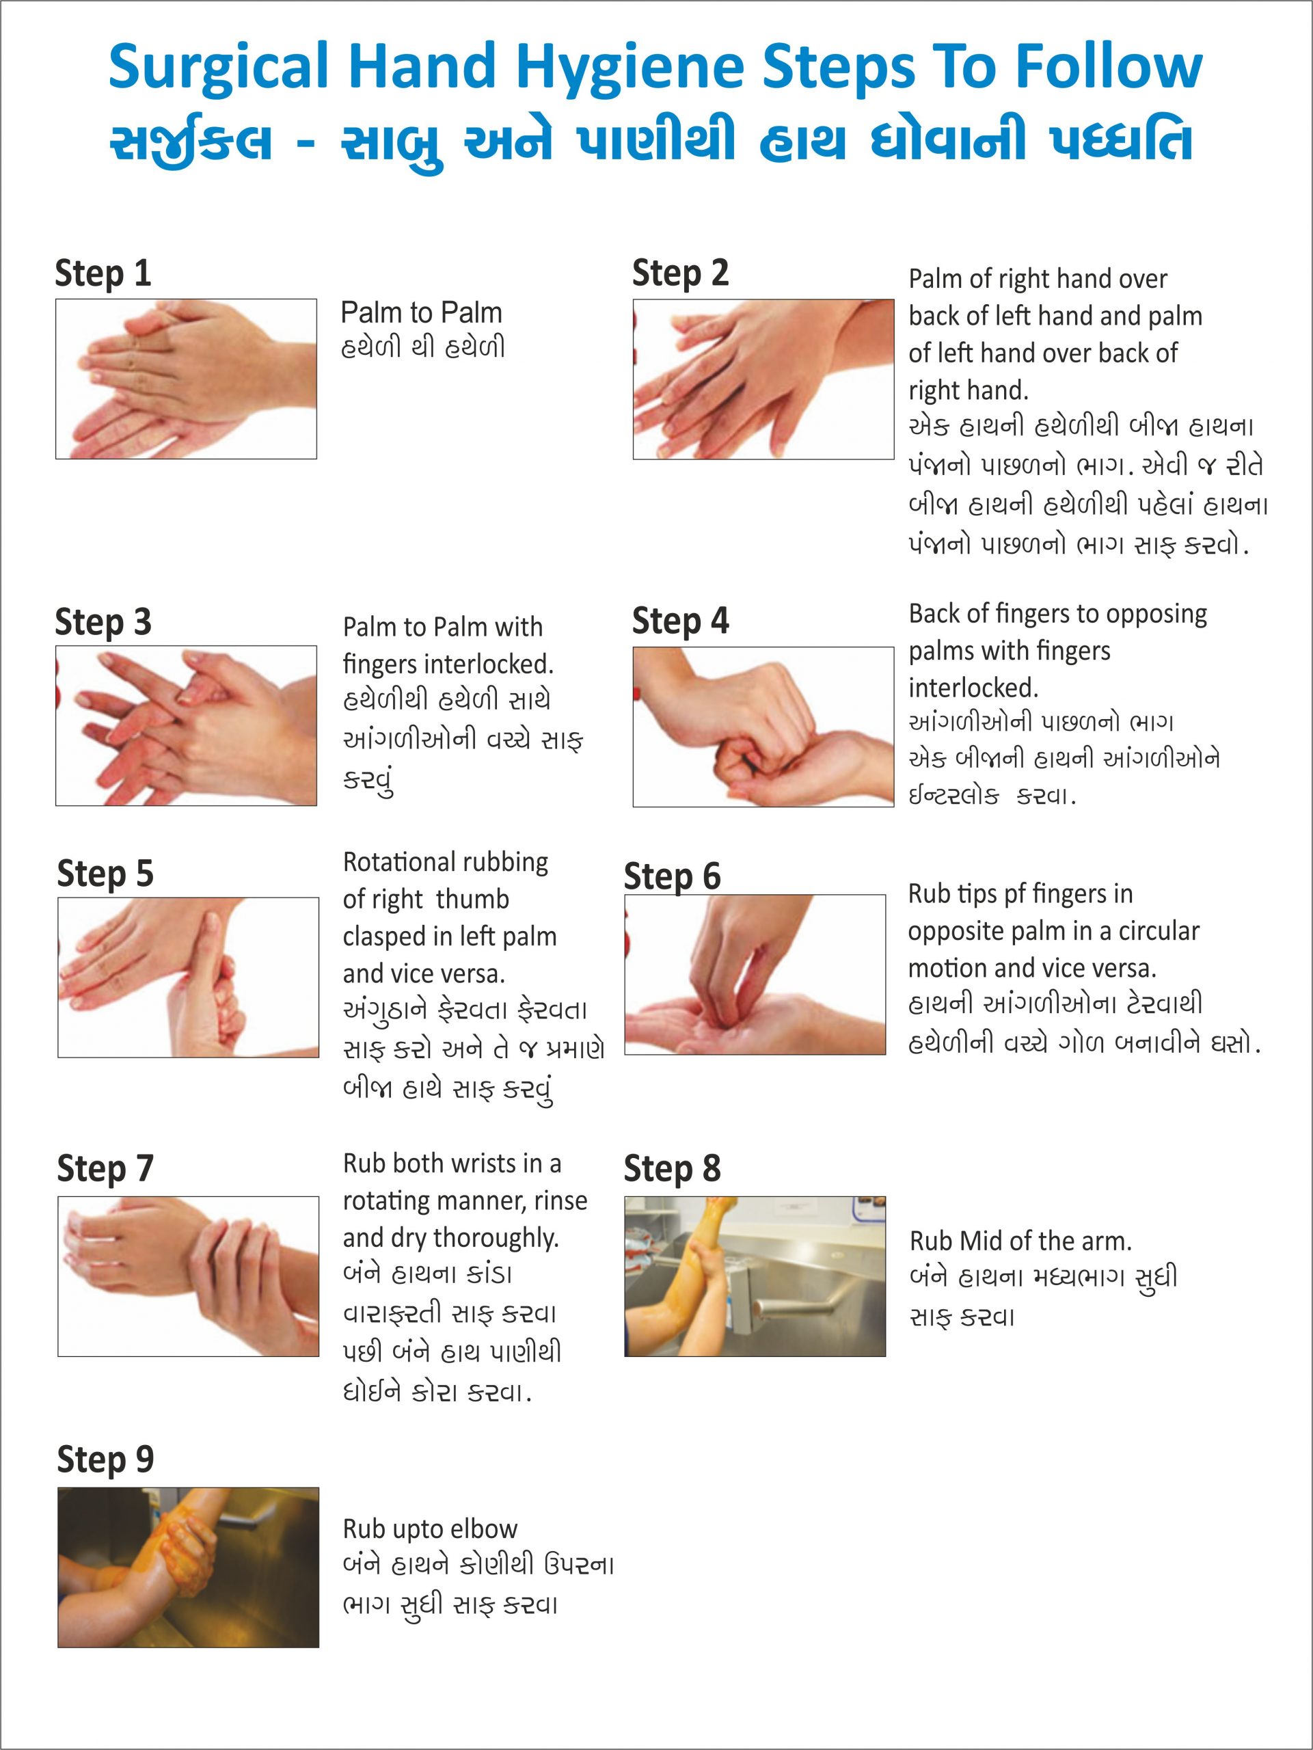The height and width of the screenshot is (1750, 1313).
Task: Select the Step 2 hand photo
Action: click(763, 379)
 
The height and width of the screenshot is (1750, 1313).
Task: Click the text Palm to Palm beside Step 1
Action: click(422, 312)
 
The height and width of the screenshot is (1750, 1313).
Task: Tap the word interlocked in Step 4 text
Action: click(973, 688)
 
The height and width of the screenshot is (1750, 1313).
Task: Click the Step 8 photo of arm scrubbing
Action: click(755, 1276)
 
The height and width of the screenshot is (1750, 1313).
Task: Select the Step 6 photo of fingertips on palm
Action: click(755, 975)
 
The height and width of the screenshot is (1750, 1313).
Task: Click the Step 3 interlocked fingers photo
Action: click(186, 725)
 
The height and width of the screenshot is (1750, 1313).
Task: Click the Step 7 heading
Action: click(105, 1168)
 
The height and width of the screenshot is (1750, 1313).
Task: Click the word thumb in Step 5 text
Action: click(472, 899)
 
